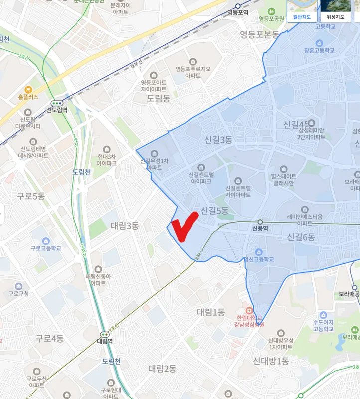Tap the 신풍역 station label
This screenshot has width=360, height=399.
(260, 229)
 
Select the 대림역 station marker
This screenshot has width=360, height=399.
(105, 335)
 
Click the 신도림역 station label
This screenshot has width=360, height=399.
(57, 110)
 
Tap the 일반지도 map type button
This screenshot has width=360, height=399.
(302, 17)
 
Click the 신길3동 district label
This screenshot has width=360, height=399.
(218, 140)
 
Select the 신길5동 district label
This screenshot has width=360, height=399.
(214, 211)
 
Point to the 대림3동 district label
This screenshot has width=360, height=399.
(124, 226)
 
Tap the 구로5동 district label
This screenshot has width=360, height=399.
(31, 196)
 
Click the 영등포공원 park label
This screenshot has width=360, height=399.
(271, 19)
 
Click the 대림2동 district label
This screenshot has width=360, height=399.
(162, 368)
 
